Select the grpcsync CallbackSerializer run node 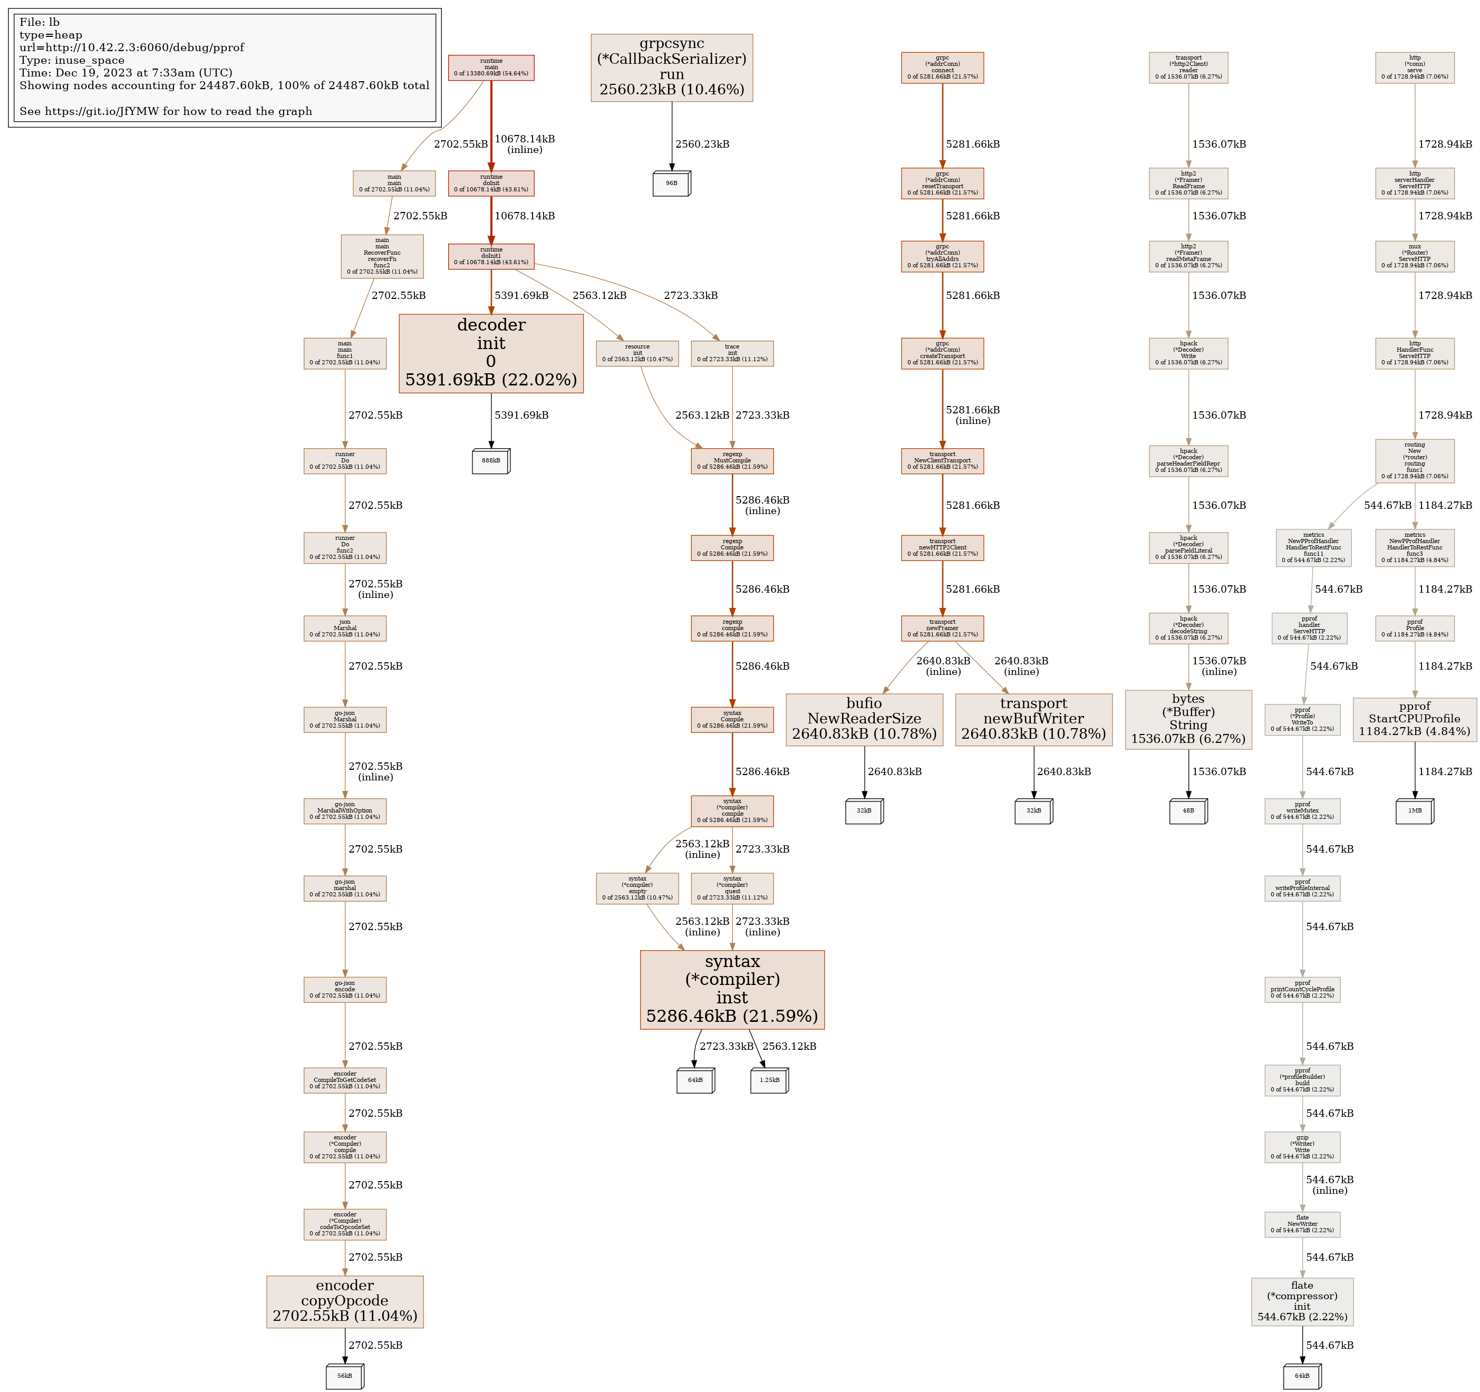pyautogui.click(x=672, y=67)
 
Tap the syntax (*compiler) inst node pyautogui.click(x=732, y=989)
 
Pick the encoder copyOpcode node pyautogui.click(x=345, y=1301)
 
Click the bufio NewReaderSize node pyautogui.click(x=864, y=719)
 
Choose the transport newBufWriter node pyautogui.click(x=1033, y=719)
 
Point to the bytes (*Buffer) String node pyautogui.click(x=1188, y=719)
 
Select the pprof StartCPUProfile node pyautogui.click(x=1415, y=719)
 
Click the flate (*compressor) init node pyautogui.click(x=1302, y=1301)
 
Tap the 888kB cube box pyautogui.click(x=490, y=461)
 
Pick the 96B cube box pyautogui.click(x=672, y=183)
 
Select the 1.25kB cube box pyautogui.click(x=769, y=1080)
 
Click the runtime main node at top pyautogui.click(x=490, y=67)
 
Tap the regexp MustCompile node pyautogui.click(x=732, y=461)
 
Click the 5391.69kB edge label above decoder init pyautogui.click(x=521, y=295)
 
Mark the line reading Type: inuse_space pyautogui.click(x=72, y=60)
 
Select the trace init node pyautogui.click(x=732, y=353)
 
